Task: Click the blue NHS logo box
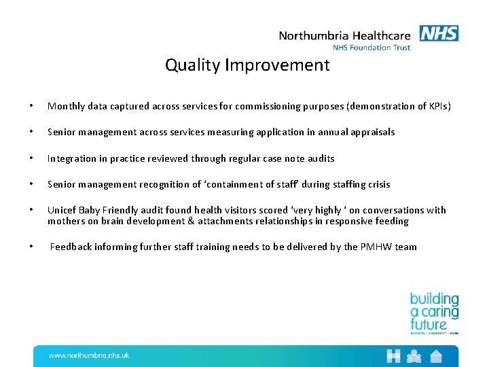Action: [439, 33]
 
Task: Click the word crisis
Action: [377, 184]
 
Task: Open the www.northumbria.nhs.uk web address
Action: [89, 355]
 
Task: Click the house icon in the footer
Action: [435, 355]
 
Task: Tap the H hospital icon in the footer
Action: [393, 355]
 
